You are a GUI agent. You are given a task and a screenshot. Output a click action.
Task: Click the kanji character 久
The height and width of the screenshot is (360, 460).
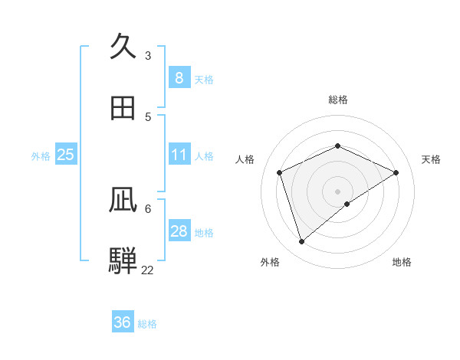pos(123,47)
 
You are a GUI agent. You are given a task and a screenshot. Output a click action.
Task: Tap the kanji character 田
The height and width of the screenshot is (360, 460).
pos(123,108)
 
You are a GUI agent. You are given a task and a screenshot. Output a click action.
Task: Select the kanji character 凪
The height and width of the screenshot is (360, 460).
pos(123,201)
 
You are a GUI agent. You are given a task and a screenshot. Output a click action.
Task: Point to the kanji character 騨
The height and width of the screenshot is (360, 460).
pos(123,260)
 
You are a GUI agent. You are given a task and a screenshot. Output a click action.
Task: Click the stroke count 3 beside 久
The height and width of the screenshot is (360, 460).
pos(148,56)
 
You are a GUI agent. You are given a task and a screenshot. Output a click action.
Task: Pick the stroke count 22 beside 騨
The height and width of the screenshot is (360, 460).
pos(147,270)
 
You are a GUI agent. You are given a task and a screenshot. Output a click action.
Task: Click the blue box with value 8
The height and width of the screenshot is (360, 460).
pos(179,78)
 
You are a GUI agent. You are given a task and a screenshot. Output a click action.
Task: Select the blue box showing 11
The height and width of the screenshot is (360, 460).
pos(179,155)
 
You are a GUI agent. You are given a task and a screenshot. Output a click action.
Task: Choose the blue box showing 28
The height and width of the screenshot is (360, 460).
pos(179,231)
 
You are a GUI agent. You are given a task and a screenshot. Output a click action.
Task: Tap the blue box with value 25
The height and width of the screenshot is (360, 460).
pos(66,155)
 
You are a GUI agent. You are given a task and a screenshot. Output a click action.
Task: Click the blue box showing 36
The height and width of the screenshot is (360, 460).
pos(123,322)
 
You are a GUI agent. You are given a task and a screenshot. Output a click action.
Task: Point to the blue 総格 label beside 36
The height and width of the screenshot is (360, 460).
pos(147,324)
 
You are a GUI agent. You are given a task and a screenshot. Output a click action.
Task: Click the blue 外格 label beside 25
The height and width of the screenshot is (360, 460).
pos(41,156)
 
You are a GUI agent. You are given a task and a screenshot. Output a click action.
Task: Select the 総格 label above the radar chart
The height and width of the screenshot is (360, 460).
pos(338,100)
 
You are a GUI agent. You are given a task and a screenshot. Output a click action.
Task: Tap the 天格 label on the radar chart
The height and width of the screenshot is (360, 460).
pos(431,159)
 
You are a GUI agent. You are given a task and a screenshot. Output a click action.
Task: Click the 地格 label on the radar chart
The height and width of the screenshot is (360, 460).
pos(402,262)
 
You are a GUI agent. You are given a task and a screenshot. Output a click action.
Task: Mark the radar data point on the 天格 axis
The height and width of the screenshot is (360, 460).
pos(396,172)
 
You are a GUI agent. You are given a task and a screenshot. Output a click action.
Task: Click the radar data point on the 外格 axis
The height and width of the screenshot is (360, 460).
pos(302,242)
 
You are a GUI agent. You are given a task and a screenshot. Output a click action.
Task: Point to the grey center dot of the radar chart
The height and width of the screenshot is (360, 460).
pos(338,191)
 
